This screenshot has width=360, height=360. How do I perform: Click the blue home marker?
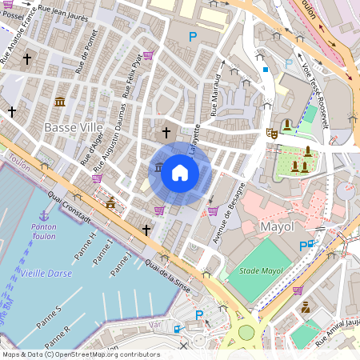pyautogui.click(x=180, y=172)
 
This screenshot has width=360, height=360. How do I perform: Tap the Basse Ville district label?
pyautogui.click(x=73, y=127)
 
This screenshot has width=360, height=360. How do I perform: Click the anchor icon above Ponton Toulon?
pyautogui.click(x=44, y=214)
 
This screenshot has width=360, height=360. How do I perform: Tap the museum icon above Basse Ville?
pyautogui.click(x=60, y=102)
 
